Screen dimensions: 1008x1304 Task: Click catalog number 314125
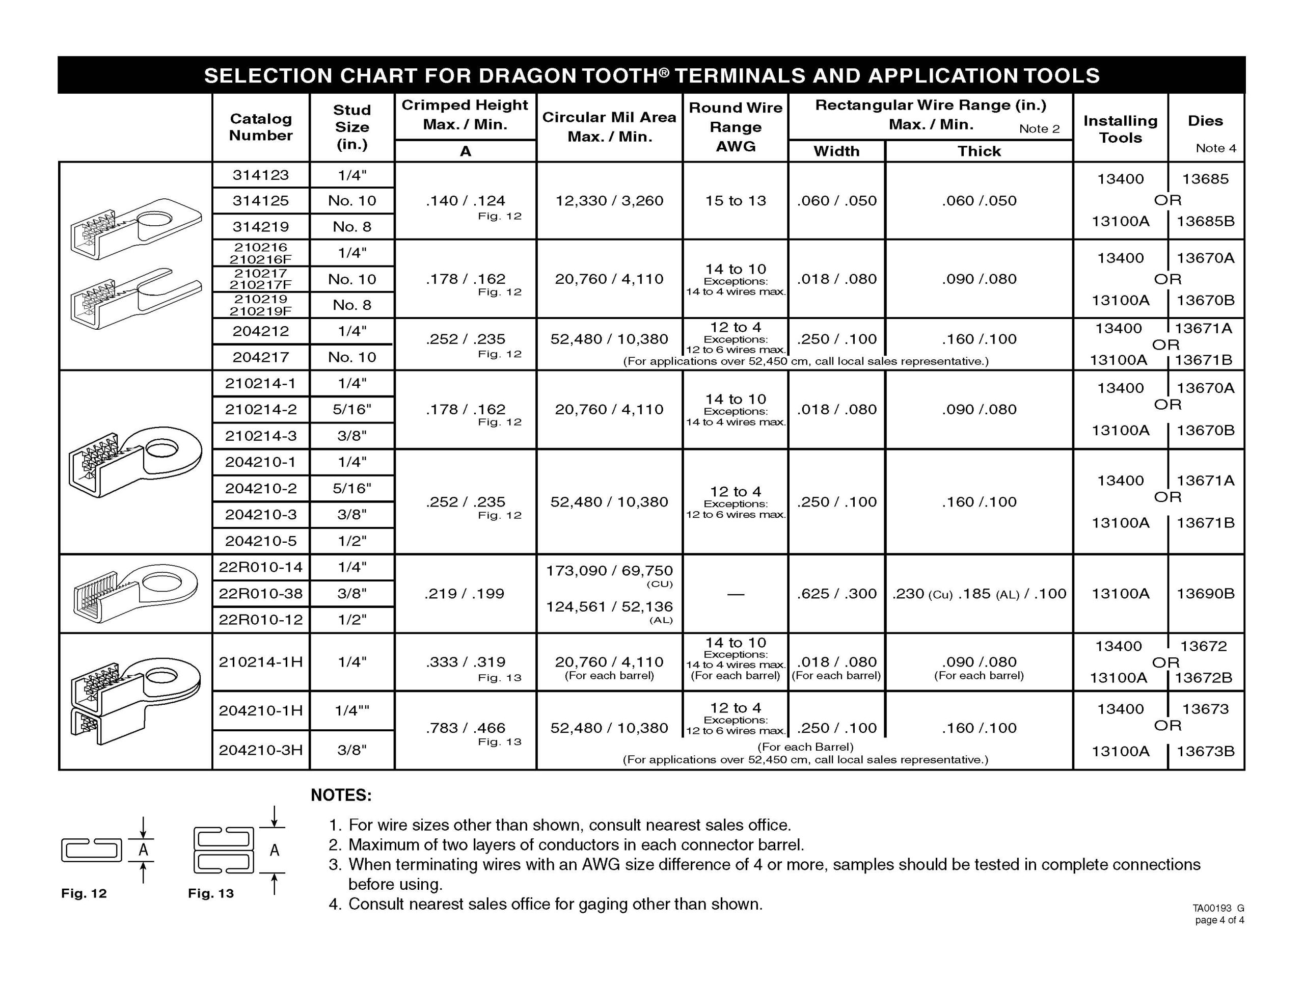point(260,201)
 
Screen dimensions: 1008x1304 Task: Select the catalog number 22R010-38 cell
point(260,593)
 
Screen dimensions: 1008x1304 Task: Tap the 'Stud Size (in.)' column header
point(351,127)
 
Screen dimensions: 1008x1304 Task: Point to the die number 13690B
point(1205,593)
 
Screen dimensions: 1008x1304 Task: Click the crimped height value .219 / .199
point(465,593)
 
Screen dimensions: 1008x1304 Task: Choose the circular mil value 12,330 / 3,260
point(609,201)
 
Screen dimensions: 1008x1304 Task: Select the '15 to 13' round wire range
point(735,201)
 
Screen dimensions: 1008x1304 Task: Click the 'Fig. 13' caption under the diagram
point(211,893)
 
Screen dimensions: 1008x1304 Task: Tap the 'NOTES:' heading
point(341,795)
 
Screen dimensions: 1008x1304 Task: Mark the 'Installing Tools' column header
point(1120,129)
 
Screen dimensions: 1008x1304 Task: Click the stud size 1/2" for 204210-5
point(351,541)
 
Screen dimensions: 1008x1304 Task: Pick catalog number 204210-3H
point(260,749)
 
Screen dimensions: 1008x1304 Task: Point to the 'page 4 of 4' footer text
point(1219,920)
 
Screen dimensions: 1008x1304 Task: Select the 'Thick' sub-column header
point(979,151)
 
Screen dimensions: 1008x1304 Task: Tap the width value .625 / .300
point(836,593)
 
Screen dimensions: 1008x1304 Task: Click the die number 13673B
point(1205,751)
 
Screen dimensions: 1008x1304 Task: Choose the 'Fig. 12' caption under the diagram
point(84,893)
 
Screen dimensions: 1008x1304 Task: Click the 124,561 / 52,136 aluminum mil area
point(609,606)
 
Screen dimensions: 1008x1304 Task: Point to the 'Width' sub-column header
point(836,151)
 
